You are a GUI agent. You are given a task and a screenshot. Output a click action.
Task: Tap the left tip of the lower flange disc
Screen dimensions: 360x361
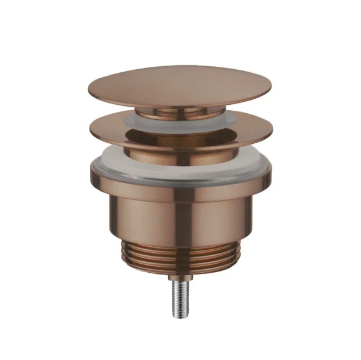(x=89, y=128)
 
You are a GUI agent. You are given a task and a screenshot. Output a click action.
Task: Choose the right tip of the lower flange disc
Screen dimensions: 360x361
(x=272, y=128)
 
